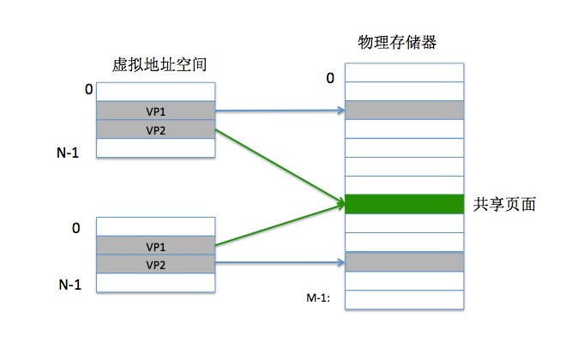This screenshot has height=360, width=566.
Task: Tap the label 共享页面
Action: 504,205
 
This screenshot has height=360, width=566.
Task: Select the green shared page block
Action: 403,204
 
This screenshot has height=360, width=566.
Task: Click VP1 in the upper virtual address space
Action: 155,111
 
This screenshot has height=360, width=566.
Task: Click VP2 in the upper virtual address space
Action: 155,129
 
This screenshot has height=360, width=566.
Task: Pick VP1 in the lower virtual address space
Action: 155,246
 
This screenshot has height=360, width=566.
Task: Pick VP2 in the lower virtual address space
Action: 155,265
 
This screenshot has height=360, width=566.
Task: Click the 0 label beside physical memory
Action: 329,79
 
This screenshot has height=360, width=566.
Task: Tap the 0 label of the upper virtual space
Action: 88,89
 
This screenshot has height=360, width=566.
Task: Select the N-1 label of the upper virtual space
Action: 68,153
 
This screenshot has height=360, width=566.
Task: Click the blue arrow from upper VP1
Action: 279,111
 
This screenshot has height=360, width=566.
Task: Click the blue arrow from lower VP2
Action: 279,263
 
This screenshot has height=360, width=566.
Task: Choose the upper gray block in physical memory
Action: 403,110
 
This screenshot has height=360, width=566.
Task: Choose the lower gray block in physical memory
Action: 403,261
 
